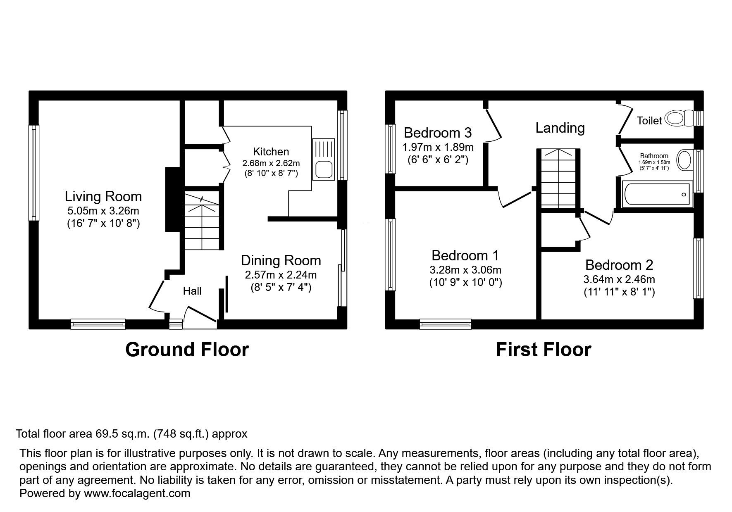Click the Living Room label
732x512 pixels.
point(103,196)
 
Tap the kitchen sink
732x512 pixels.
point(325,159)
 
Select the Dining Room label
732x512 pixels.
point(281,260)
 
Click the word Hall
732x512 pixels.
point(192,291)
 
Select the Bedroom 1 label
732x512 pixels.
point(465,255)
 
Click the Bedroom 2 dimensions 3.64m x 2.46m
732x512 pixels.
point(619,279)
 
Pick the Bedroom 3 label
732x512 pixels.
point(438,133)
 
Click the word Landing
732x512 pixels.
point(560,128)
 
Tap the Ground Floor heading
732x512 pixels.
point(187,350)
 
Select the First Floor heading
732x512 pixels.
point(544,350)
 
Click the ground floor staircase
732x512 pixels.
point(201,221)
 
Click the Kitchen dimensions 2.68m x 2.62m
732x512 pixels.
point(271,163)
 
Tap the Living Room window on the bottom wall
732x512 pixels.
point(98,324)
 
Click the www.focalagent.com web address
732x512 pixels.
point(137,493)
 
